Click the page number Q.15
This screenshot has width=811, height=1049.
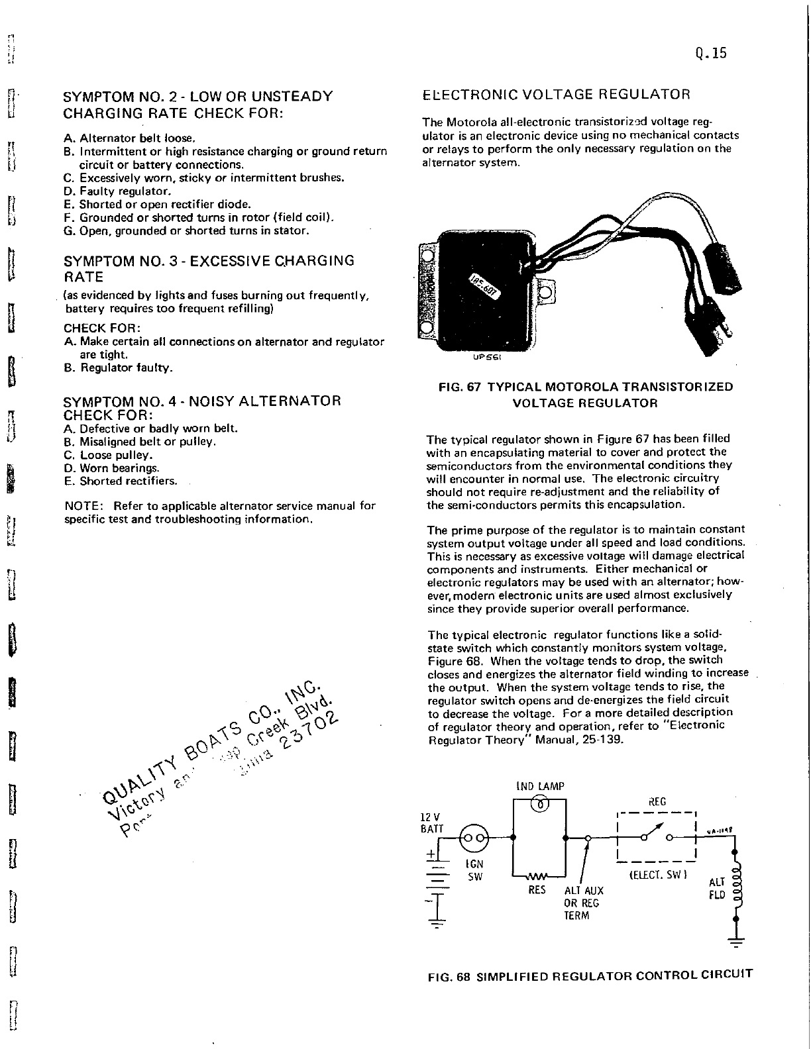(x=712, y=54)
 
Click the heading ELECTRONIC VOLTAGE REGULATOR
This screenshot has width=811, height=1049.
(x=557, y=94)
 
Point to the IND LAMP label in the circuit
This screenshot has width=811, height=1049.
(x=540, y=787)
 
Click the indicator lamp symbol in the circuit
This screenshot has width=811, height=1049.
(x=540, y=805)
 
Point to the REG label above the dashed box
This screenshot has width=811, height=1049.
(x=657, y=802)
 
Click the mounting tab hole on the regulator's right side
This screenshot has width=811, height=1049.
(x=546, y=292)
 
